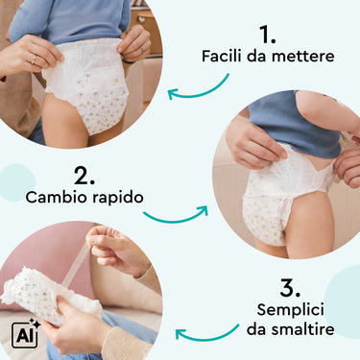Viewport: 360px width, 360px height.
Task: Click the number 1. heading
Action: (x=267, y=35)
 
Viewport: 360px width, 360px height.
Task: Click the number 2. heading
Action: (x=84, y=176)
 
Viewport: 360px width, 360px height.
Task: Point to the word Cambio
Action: (x=57, y=197)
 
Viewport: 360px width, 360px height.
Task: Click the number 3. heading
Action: (x=290, y=288)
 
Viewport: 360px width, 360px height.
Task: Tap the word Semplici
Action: (x=291, y=310)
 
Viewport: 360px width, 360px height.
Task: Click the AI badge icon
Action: (x=25, y=334)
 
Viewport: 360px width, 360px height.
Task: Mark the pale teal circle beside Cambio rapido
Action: (x=16, y=182)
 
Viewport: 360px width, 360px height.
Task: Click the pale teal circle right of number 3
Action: (x=343, y=301)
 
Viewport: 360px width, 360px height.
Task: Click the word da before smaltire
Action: (x=257, y=329)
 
